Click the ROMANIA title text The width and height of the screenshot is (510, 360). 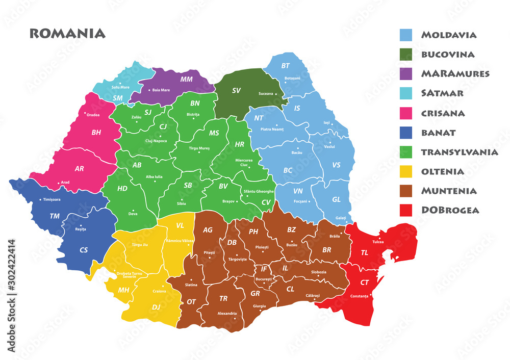coord(67,34)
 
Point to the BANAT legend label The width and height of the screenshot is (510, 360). coord(438,133)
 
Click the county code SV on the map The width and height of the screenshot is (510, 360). coord(236,91)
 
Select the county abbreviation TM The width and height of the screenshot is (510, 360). coord(55,216)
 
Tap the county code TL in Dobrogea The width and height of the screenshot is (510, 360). coord(365,252)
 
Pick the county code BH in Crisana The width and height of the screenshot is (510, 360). coord(96,133)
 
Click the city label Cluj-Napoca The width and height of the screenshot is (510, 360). coord(157,141)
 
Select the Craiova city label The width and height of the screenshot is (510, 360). coord(159,291)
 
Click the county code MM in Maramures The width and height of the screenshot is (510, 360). coord(187,80)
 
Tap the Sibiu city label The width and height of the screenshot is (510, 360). coord(181,203)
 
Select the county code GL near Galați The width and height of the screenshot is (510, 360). coord(336,199)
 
